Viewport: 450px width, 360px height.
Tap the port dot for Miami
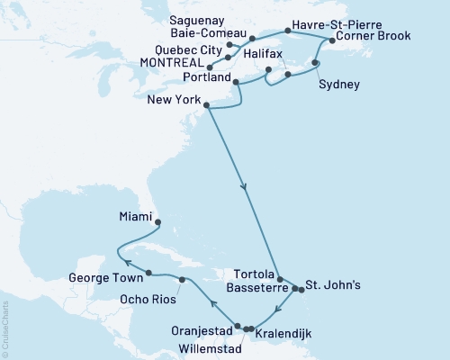click(x=157, y=222)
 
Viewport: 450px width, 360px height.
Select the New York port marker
click(x=208, y=106)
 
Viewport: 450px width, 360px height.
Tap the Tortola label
click(x=252, y=273)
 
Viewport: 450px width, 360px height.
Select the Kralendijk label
click(x=286, y=334)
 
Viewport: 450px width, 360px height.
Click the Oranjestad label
click(x=202, y=331)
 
